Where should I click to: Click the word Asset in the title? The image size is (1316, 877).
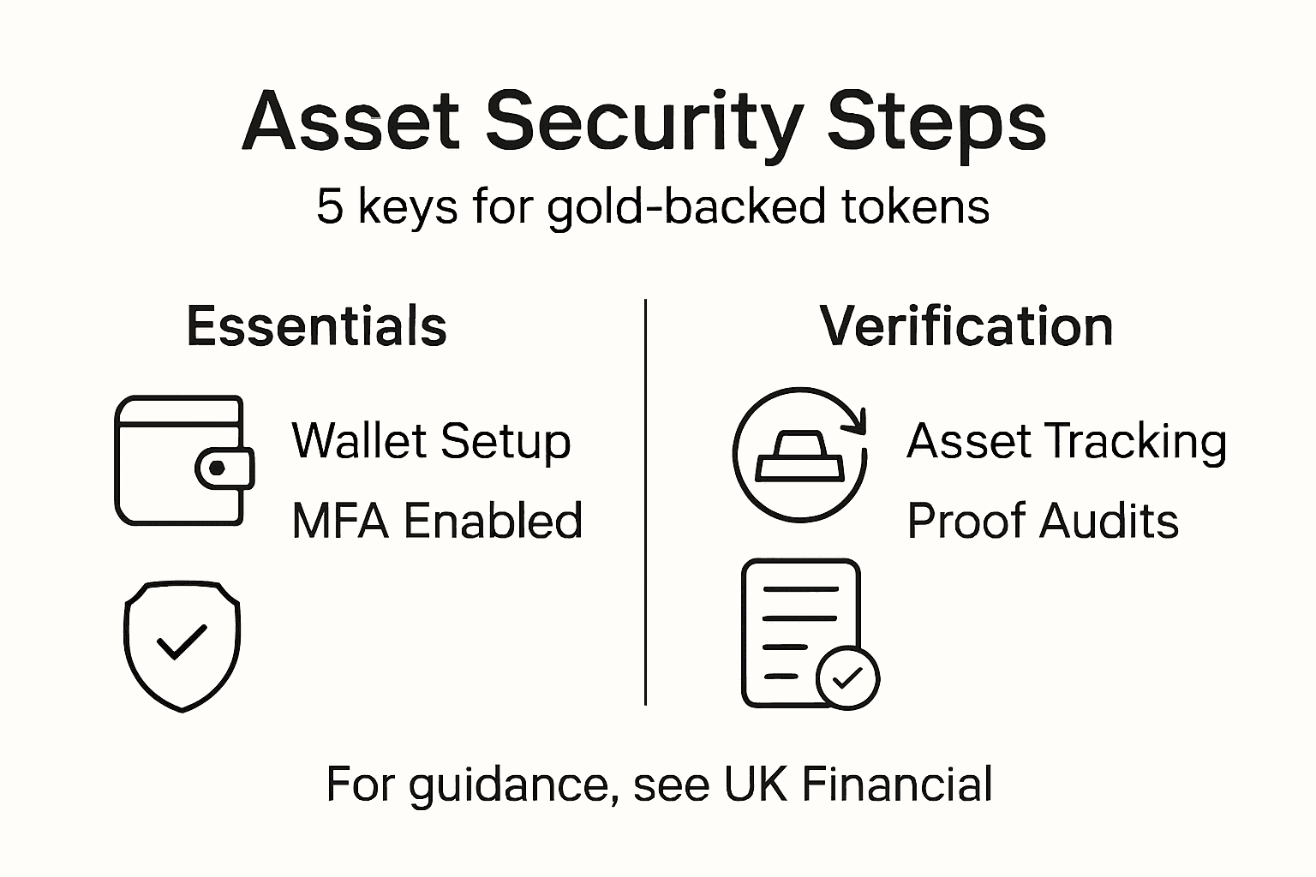[352, 122]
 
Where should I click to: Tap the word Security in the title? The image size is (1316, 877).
[643, 122]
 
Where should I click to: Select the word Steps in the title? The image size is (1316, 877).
[936, 122]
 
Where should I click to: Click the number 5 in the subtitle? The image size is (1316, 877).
[329, 207]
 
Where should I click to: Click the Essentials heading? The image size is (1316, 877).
[316, 326]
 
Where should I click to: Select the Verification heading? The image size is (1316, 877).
[966, 326]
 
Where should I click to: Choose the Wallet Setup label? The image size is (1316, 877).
[431, 441]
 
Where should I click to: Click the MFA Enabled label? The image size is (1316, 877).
[437, 521]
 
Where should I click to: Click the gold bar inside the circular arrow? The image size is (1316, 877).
[799, 456]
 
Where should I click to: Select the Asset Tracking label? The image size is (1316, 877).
[1067, 441]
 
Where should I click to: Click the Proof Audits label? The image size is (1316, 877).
[1043, 521]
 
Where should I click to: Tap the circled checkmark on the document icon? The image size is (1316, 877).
[847, 678]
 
